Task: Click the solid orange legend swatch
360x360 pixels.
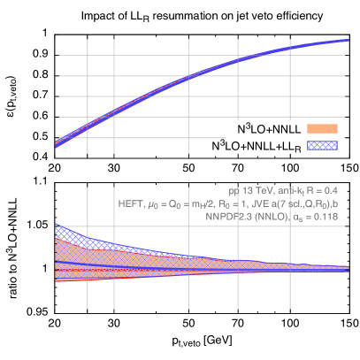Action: click(322, 128)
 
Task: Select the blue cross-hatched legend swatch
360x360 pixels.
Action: click(322, 144)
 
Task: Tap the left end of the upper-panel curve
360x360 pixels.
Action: click(56, 143)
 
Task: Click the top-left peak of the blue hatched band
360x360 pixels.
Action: click(56, 223)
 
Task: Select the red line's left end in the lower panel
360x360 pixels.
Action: click(56, 281)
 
